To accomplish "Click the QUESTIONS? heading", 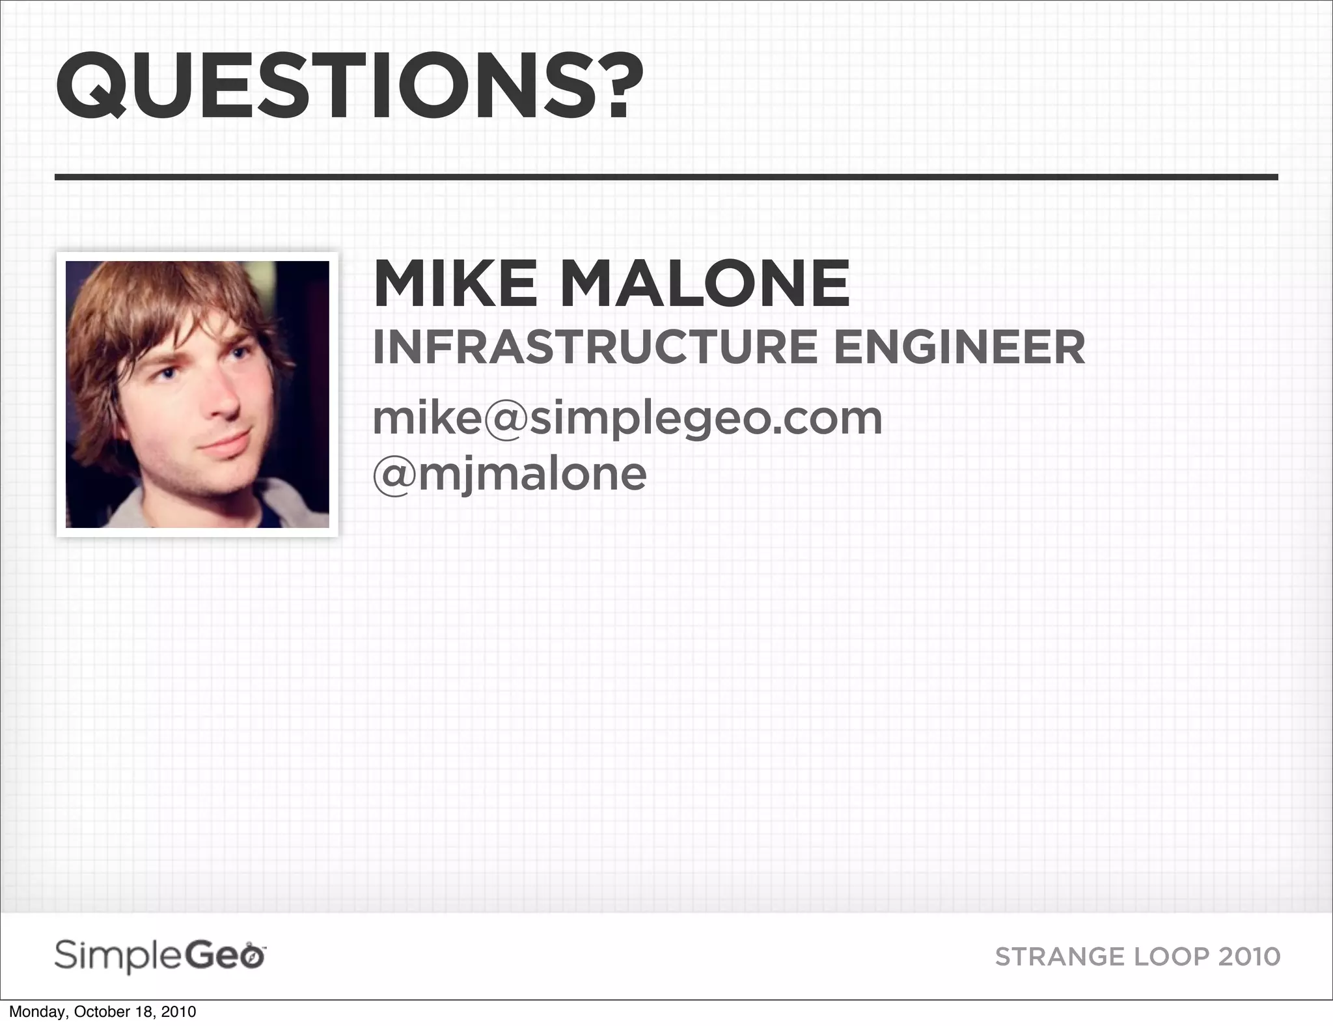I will tap(349, 87).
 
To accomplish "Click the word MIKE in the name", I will tap(456, 284).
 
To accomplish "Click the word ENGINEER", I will tap(959, 348).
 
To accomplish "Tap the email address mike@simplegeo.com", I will tap(627, 419).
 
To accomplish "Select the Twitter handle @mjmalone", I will tap(510, 474).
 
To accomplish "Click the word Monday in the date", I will tap(36, 1012).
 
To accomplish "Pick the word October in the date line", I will tap(103, 1012).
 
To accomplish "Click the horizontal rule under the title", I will tap(666, 176).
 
